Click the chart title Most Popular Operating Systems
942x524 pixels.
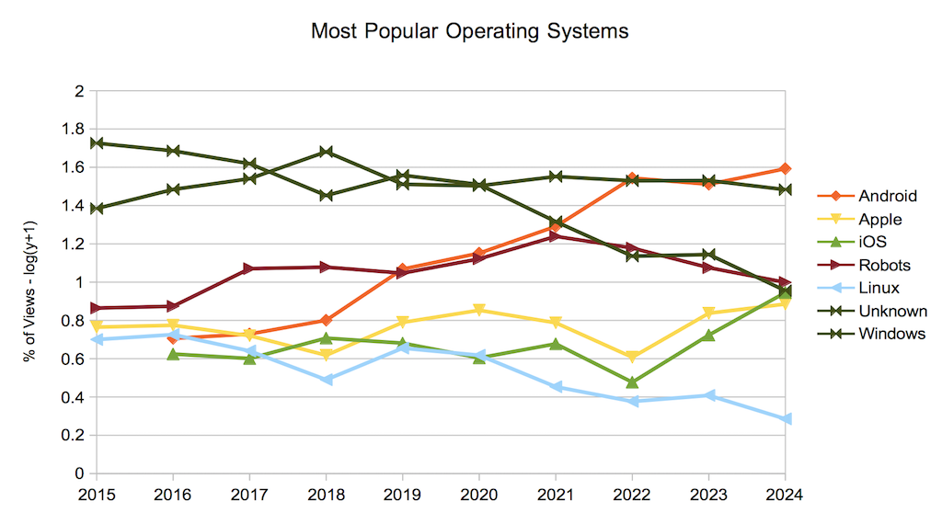(469, 31)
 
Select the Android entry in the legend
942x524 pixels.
(888, 196)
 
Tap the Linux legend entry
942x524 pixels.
(880, 288)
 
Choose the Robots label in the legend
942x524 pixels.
(884, 265)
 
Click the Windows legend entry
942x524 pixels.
(891, 334)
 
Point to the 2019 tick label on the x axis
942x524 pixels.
(402, 495)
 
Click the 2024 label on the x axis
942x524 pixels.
(784, 495)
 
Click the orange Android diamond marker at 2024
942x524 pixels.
(785, 169)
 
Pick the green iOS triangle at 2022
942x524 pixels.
(632, 382)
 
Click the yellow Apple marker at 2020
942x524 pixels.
(478, 311)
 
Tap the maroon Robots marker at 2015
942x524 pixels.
(97, 308)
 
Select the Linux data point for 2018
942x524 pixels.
(326, 380)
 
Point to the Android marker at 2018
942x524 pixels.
(326, 320)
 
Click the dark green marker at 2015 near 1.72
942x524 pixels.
(97, 143)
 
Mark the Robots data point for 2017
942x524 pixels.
(249, 268)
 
